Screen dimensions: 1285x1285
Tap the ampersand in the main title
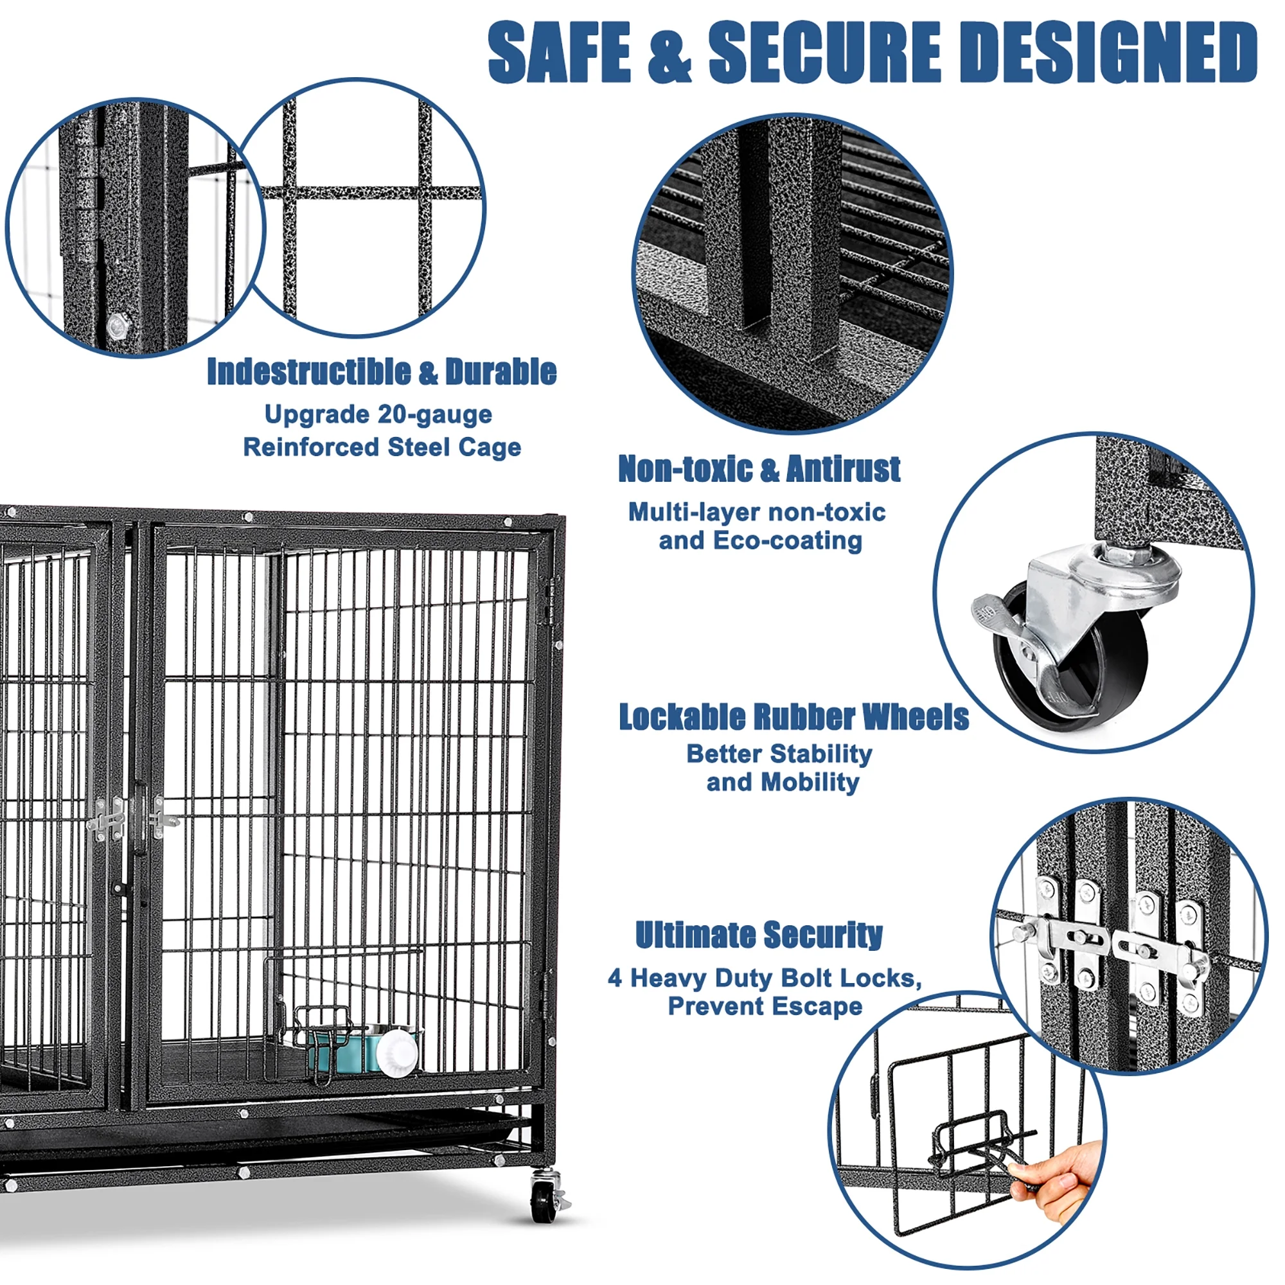(x=669, y=53)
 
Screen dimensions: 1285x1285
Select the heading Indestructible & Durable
(x=381, y=372)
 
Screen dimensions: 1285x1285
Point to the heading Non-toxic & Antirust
(x=759, y=469)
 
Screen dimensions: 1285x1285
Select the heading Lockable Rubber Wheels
(x=793, y=717)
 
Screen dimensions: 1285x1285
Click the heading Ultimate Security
(x=759, y=934)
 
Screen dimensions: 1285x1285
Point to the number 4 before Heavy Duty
(x=616, y=979)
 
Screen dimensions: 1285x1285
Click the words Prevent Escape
(x=765, y=1006)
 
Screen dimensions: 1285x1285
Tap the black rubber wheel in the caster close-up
(x=1091, y=665)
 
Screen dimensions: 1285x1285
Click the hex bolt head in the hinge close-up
(x=118, y=326)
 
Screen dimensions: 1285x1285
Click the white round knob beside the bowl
(x=397, y=1052)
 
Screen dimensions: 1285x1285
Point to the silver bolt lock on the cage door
(x=107, y=820)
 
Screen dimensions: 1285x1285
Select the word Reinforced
(x=311, y=447)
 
